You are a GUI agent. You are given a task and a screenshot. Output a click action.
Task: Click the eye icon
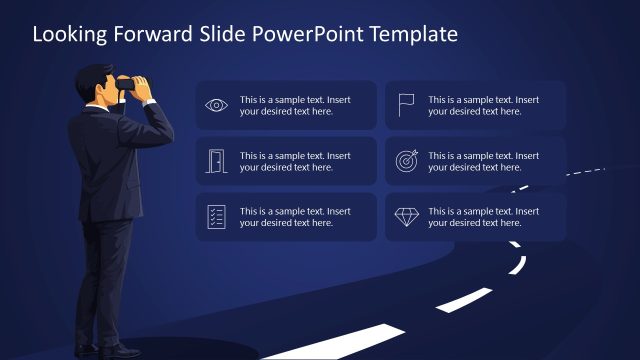(216, 105)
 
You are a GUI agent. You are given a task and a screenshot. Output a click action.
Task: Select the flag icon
(406, 105)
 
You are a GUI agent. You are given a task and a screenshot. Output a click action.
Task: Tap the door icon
(216, 161)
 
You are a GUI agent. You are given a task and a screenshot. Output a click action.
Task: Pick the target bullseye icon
(406, 161)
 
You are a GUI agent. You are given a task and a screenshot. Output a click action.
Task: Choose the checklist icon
(216, 217)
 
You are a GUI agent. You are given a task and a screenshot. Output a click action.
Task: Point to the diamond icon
(406, 217)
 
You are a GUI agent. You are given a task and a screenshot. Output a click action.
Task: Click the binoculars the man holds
(128, 85)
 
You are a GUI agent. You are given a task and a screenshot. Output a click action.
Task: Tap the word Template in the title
(414, 34)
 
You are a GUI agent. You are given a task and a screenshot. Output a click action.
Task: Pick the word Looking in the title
(65, 34)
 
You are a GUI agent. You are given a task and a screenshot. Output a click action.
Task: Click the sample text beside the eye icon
(295, 105)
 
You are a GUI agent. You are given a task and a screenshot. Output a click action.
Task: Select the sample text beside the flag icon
(484, 105)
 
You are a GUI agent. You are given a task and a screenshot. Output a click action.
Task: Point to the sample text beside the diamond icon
(484, 217)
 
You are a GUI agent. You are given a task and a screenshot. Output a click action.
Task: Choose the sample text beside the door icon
(295, 161)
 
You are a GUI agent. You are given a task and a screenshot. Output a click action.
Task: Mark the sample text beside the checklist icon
(295, 217)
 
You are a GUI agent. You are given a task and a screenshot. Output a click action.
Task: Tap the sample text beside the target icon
(484, 161)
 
